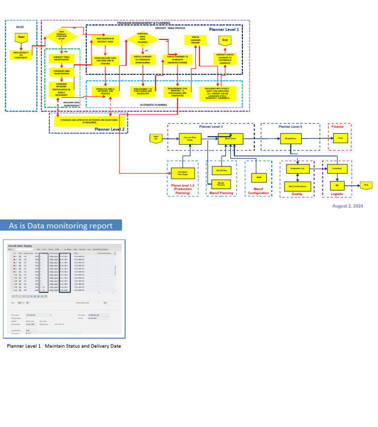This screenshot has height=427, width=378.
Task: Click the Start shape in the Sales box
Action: (21, 37)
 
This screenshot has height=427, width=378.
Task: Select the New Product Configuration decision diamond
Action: (62, 36)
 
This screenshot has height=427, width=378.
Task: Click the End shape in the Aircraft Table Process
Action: (225, 40)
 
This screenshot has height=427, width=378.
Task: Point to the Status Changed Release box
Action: (195, 40)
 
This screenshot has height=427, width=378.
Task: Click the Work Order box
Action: (231, 139)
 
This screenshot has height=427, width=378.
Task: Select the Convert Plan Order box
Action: (187, 139)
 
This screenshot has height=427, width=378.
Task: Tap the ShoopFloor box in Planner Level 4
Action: (290, 139)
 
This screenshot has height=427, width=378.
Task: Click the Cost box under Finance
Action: (340, 139)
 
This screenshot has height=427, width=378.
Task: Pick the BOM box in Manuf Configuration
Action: (258, 177)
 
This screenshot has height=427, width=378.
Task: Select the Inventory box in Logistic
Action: (337, 169)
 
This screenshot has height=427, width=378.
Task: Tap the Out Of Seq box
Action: (221, 170)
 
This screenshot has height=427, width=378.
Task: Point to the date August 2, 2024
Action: (347, 206)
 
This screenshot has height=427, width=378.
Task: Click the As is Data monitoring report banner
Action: (61, 226)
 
